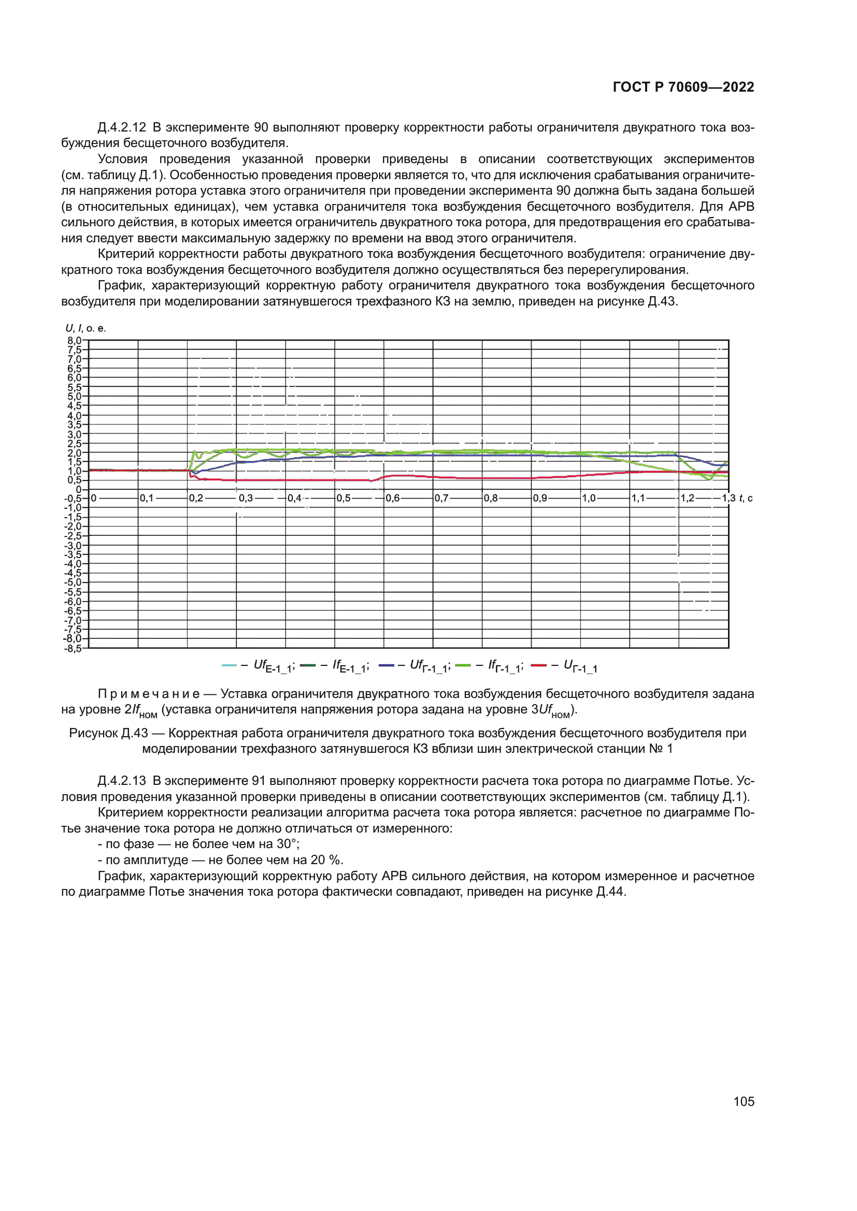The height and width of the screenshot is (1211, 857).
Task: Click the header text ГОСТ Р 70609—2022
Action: click(683, 87)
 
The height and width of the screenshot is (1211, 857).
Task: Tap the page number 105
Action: click(743, 1101)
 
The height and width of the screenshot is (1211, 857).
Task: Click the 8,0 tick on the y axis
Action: click(75, 340)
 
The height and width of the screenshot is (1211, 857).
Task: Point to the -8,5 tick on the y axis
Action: click(74, 648)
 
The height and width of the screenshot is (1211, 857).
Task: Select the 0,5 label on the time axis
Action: click(343, 498)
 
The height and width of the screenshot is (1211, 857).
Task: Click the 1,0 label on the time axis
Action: click(589, 498)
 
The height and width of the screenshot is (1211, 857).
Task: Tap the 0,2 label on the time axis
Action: click(196, 498)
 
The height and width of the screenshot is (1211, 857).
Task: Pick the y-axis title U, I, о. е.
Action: click(85, 328)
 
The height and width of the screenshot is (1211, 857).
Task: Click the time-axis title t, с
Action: click(746, 498)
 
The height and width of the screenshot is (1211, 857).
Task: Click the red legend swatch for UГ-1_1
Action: click(538, 665)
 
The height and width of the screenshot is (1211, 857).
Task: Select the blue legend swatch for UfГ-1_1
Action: click(387, 665)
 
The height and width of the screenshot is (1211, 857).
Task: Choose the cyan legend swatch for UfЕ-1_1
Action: click(229, 665)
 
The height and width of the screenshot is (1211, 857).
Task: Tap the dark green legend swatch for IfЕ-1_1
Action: click(308, 665)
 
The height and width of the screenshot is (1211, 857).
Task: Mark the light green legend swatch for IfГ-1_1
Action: click(463, 665)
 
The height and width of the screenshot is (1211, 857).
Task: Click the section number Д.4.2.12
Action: click(122, 128)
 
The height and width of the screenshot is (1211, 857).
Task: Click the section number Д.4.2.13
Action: click(122, 781)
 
